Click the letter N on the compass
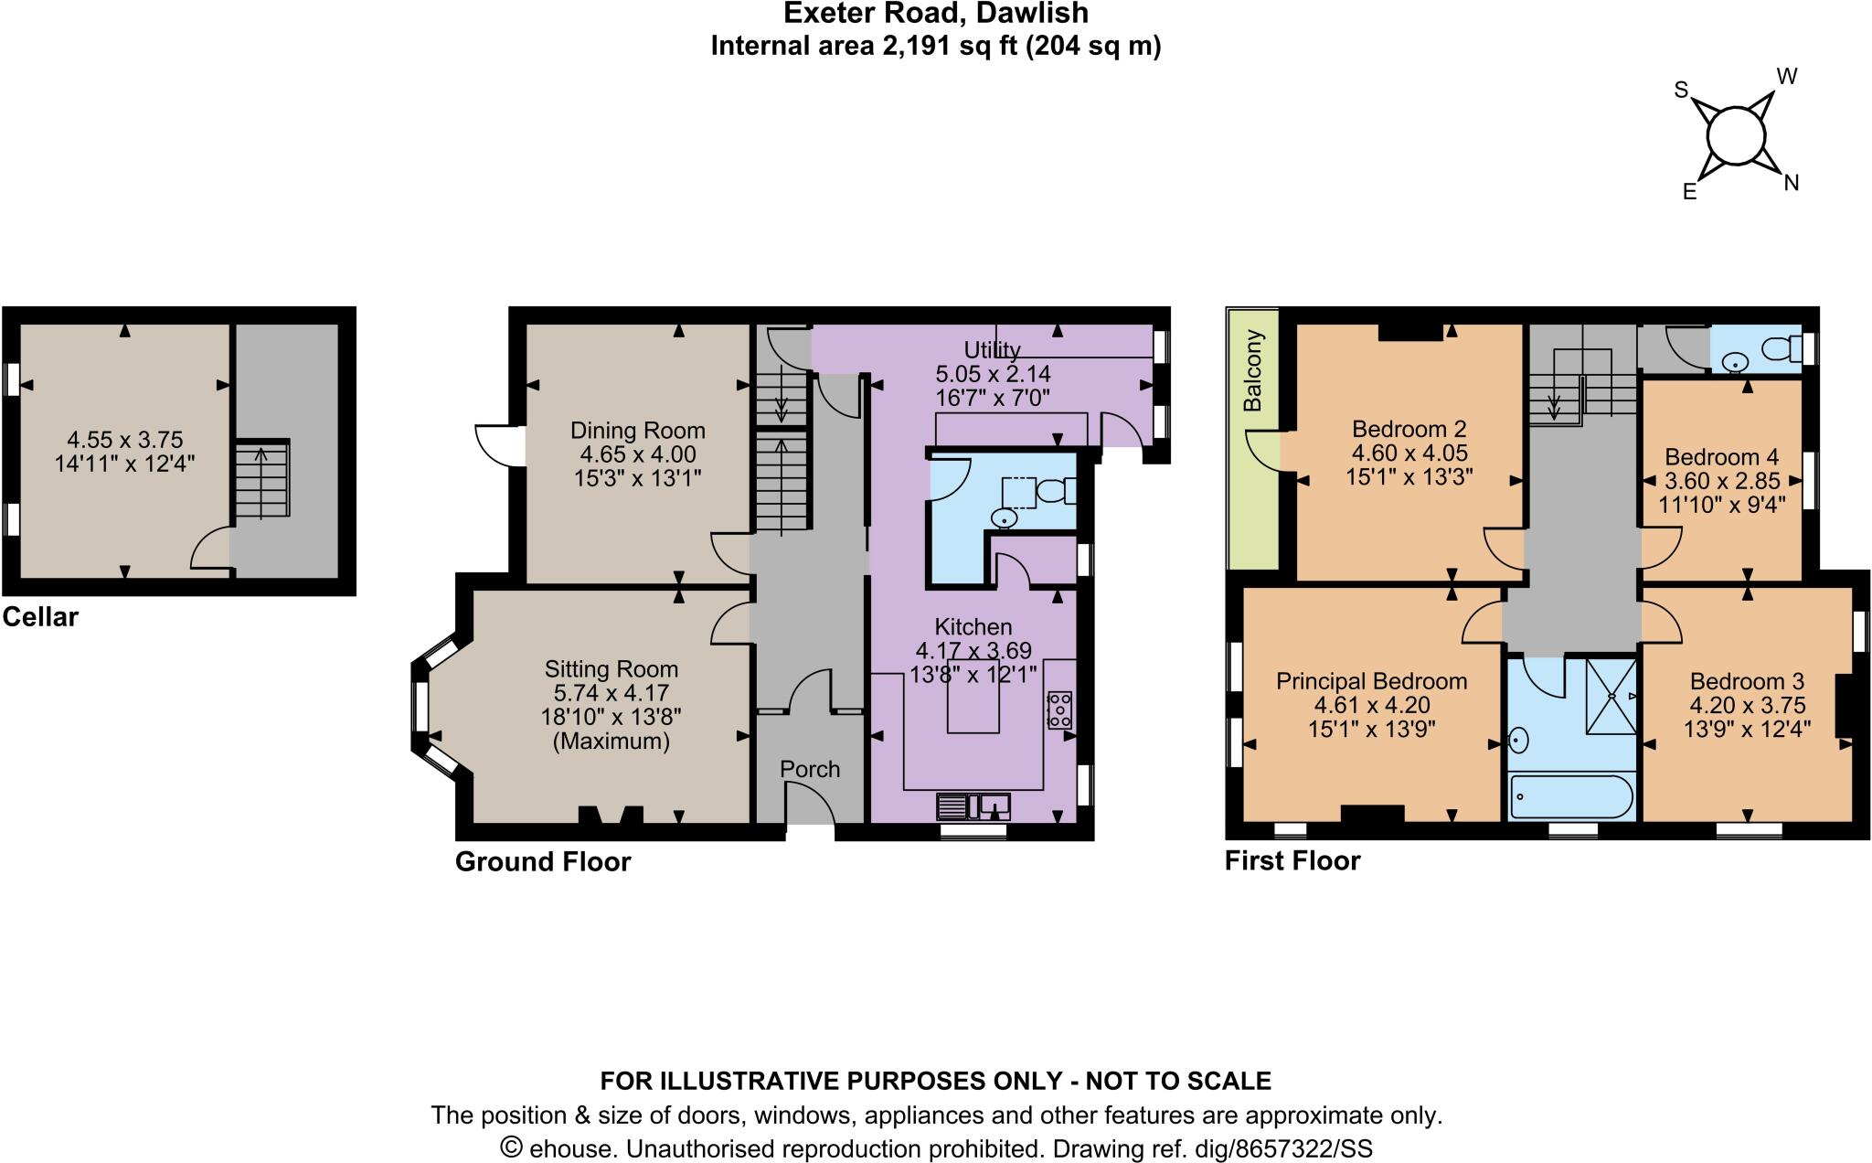[x=1791, y=183]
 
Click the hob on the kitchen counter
[x=1059, y=710]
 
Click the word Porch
[x=810, y=769]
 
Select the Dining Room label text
[x=637, y=431]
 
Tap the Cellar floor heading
[x=40, y=617]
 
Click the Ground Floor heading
[x=543, y=862]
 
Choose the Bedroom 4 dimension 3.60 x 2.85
[x=1722, y=481]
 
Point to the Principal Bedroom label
[x=1371, y=681]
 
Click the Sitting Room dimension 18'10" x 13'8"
[x=611, y=717]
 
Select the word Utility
[x=992, y=349]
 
